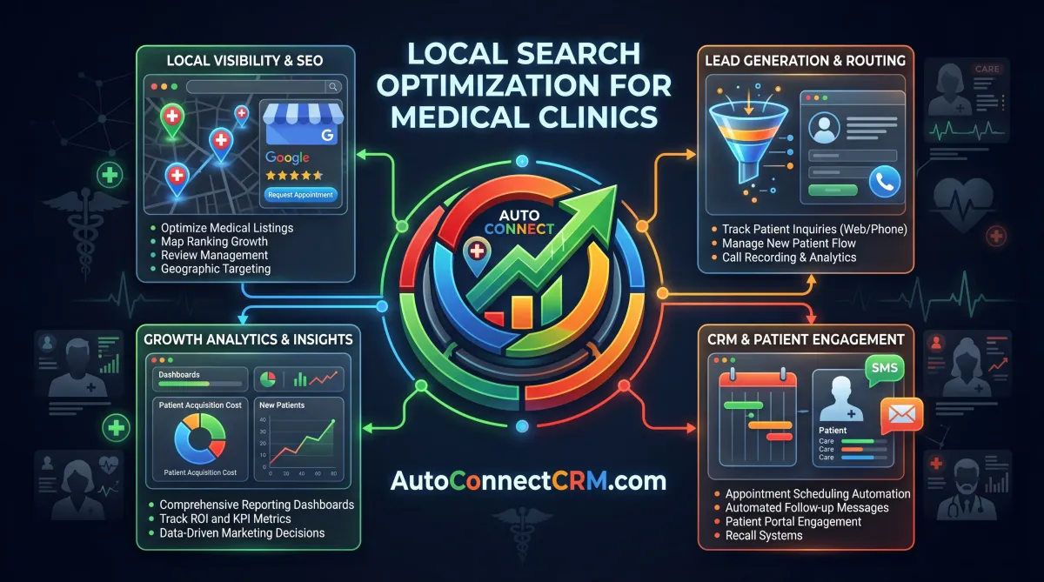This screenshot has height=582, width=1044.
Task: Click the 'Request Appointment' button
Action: pyautogui.click(x=300, y=195)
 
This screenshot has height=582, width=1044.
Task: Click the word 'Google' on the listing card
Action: pyautogui.click(x=288, y=157)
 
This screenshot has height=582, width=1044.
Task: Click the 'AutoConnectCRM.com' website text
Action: pyautogui.click(x=529, y=480)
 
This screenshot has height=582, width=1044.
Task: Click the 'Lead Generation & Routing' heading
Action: pyautogui.click(x=806, y=61)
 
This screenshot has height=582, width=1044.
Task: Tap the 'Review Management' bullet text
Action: pyautogui.click(x=214, y=256)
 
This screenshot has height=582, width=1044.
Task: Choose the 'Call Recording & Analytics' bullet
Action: pyautogui.click(x=789, y=258)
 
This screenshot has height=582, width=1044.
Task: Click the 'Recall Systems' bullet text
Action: pyautogui.click(x=764, y=535)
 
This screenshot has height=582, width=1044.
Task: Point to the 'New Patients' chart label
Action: pyautogui.click(x=283, y=405)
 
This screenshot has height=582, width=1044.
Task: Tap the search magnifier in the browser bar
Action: pyautogui.click(x=332, y=87)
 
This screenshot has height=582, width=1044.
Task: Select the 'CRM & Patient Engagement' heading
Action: pyautogui.click(x=806, y=339)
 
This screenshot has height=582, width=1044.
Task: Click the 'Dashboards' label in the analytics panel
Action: pyautogui.click(x=178, y=375)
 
